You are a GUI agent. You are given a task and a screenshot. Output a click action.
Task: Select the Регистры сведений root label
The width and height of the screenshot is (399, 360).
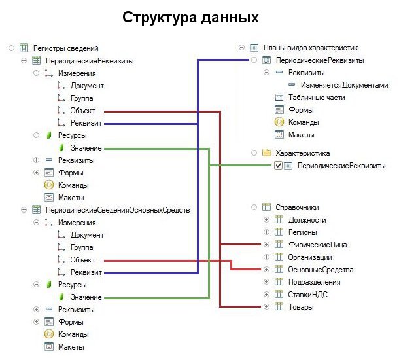pos(65,48)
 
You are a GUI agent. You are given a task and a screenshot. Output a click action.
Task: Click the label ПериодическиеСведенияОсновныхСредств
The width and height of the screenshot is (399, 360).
pos(118,209)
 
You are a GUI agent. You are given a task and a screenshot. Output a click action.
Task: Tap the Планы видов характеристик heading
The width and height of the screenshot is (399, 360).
pos(310,48)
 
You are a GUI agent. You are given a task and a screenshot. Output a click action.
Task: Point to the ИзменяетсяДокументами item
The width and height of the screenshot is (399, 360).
pos(345,85)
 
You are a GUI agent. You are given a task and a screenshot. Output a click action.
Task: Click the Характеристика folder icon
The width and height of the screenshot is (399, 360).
pos(266,153)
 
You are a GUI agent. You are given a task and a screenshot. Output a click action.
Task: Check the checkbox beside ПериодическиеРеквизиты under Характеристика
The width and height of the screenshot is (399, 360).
pos(278,166)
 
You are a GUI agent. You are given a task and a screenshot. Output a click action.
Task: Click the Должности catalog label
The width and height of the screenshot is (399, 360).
pos(307,220)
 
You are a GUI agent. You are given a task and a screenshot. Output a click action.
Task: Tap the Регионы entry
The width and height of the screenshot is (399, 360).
pos(303,232)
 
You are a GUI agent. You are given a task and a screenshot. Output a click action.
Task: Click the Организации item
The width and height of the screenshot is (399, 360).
pos(310,257)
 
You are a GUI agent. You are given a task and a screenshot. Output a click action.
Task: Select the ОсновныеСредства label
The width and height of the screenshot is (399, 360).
pos(321,270)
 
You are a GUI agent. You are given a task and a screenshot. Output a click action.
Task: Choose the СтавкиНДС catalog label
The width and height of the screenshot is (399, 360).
pos(306,295)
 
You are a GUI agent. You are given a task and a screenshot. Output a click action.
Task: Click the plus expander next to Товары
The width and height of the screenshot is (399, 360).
pos(266,307)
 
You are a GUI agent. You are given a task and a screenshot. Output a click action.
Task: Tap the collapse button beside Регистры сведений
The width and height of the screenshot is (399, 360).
pos(12,48)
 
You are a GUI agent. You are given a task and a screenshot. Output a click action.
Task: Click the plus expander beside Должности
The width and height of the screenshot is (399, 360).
pos(266,220)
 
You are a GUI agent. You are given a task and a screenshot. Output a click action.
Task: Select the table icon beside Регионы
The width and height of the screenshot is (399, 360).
pos(278,232)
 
